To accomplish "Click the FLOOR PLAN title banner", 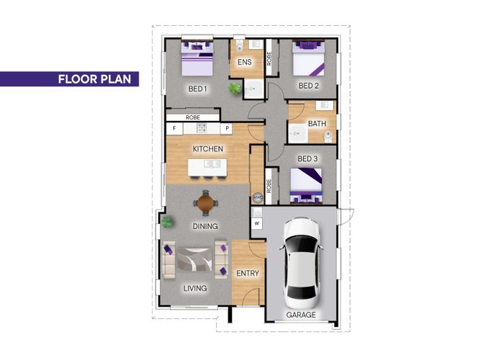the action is coord(69,79).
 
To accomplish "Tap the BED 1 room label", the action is coord(197,89).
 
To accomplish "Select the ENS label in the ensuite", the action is coord(245,62).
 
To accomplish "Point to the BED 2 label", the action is coord(309,86).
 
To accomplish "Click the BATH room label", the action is coord(317,123).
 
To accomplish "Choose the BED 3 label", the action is coord(307,158).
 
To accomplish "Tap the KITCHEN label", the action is coord(207,149).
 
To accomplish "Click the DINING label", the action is coord(205,226).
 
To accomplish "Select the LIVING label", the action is coord(195,288).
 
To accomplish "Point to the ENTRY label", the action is coord(248,273).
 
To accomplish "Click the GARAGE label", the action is coord(301,315).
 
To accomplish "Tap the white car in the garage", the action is coord(301,263).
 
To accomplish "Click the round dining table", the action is coord(206,203).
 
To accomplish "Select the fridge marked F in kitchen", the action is coord(174,129).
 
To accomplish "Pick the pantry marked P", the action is coord(227,129).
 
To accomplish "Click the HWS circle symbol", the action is coord(258,198).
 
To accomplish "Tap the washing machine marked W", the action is coord(257,223).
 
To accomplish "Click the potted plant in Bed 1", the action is coord(235,89).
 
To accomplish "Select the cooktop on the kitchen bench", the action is coord(202,128).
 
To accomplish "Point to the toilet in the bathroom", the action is coord(328,136).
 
